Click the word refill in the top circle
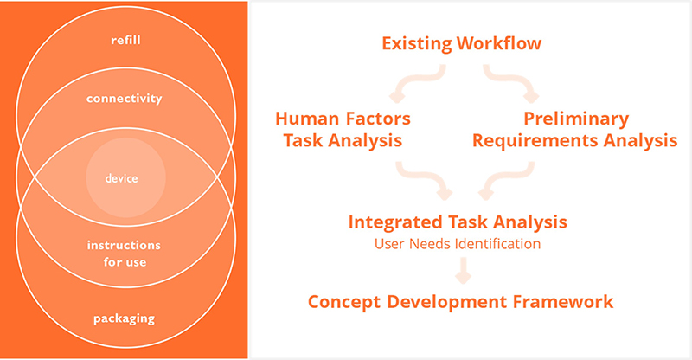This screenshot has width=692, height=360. point(125,40)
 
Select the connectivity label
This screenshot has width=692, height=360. point(124,98)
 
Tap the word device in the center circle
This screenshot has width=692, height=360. point(121,178)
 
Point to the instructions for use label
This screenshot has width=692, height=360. point(124,254)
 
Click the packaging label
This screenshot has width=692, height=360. point(124,319)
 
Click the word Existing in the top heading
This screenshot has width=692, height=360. point(417,44)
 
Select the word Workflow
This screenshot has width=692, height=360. point(499,43)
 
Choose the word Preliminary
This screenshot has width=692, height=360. point(576,119)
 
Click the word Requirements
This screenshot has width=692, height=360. point(535,141)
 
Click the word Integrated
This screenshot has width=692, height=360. point(396,222)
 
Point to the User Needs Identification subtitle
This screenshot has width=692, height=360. point(458,244)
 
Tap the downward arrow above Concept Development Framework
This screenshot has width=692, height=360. point(463,270)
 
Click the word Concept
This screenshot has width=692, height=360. point(345,302)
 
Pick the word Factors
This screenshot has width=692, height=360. point(377,119)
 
